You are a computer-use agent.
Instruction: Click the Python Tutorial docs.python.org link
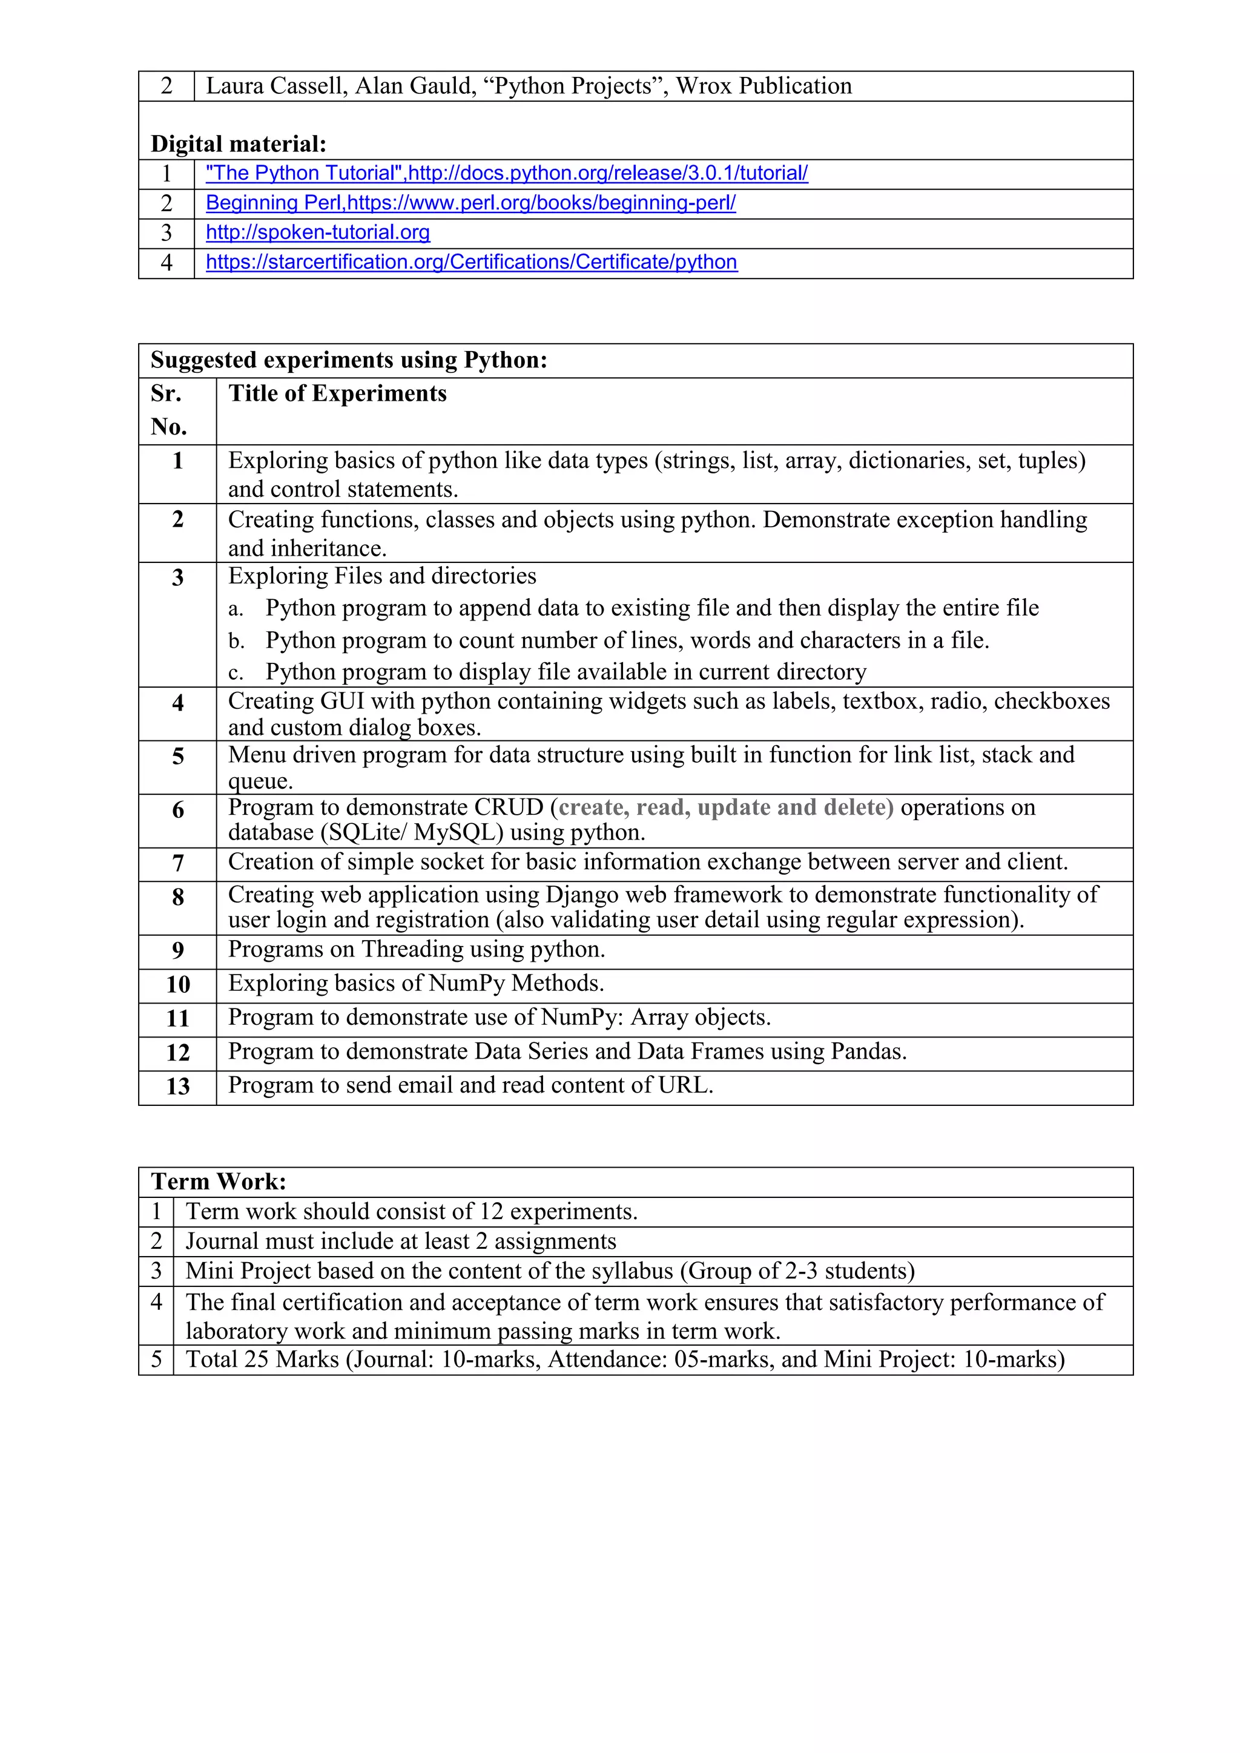point(506,173)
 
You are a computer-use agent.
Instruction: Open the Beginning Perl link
point(470,203)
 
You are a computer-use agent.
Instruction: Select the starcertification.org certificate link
point(471,262)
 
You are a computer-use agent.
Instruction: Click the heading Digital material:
point(238,143)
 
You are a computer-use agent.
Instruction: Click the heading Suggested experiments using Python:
point(349,360)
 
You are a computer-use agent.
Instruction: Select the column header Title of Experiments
point(337,393)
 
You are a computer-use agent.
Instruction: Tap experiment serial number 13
point(178,1087)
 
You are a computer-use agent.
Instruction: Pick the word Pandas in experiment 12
point(866,1051)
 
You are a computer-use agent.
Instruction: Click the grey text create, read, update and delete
point(725,807)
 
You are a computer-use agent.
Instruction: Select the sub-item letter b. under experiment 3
point(236,642)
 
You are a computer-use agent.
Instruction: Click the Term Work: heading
point(219,1182)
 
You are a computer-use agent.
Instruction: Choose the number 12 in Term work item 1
point(491,1212)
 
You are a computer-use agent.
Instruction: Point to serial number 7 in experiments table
point(178,864)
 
